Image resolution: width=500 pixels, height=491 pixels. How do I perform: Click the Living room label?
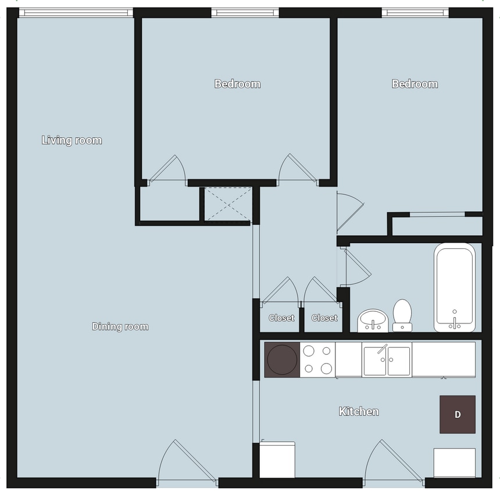pyautogui.click(x=72, y=140)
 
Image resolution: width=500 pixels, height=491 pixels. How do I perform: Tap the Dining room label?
pyautogui.click(x=120, y=326)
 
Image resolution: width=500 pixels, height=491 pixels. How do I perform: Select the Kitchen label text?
pyautogui.click(x=359, y=412)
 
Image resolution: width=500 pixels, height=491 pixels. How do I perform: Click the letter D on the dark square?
pyautogui.click(x=458, y=415)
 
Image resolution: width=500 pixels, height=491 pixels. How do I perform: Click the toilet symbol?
pyautogui.click(x=402, y=315)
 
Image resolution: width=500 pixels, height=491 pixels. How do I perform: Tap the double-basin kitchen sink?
pyautogui.click(x=387, y=360)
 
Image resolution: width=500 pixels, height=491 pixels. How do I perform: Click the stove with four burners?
pyautogui.click(x=317, y=360)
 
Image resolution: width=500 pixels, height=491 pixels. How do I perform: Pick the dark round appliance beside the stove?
pyautogui.click(x=282, y=360)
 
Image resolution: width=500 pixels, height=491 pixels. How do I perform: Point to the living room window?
pyautogui.click(x=76, y=12)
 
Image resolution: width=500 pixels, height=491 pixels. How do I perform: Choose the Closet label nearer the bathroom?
pyautogui.click(x=324, y=318)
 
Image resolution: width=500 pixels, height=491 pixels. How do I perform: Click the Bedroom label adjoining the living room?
pyautogui.click(x=237, y=84)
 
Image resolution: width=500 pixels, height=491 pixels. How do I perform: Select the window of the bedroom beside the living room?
pyautogui.click(x=245, y=12)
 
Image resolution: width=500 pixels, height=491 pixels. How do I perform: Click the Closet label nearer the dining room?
pyautogui.click(x=281, y=318)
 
